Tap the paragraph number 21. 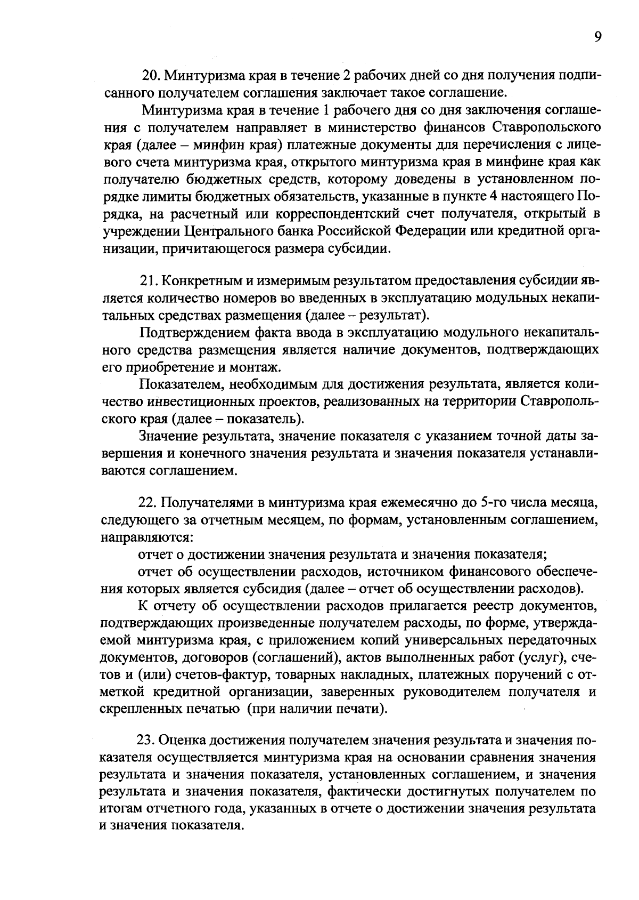pos(148,280)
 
